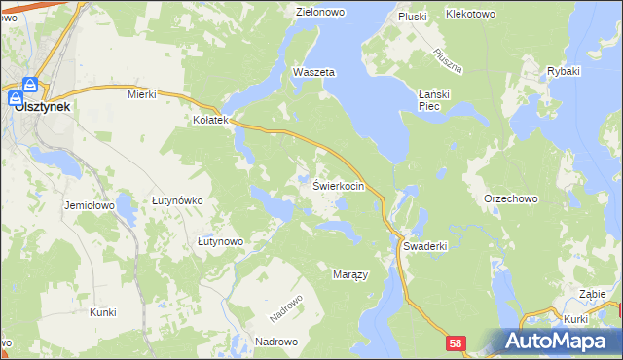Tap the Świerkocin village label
point(338,185)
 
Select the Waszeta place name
point(313,73)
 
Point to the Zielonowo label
point(322,13)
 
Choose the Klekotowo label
point(470,15)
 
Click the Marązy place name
point(349,274)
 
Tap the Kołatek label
point(209,121)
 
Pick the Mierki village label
point(142,94)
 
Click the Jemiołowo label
point(90,206)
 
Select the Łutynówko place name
point(176,199)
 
